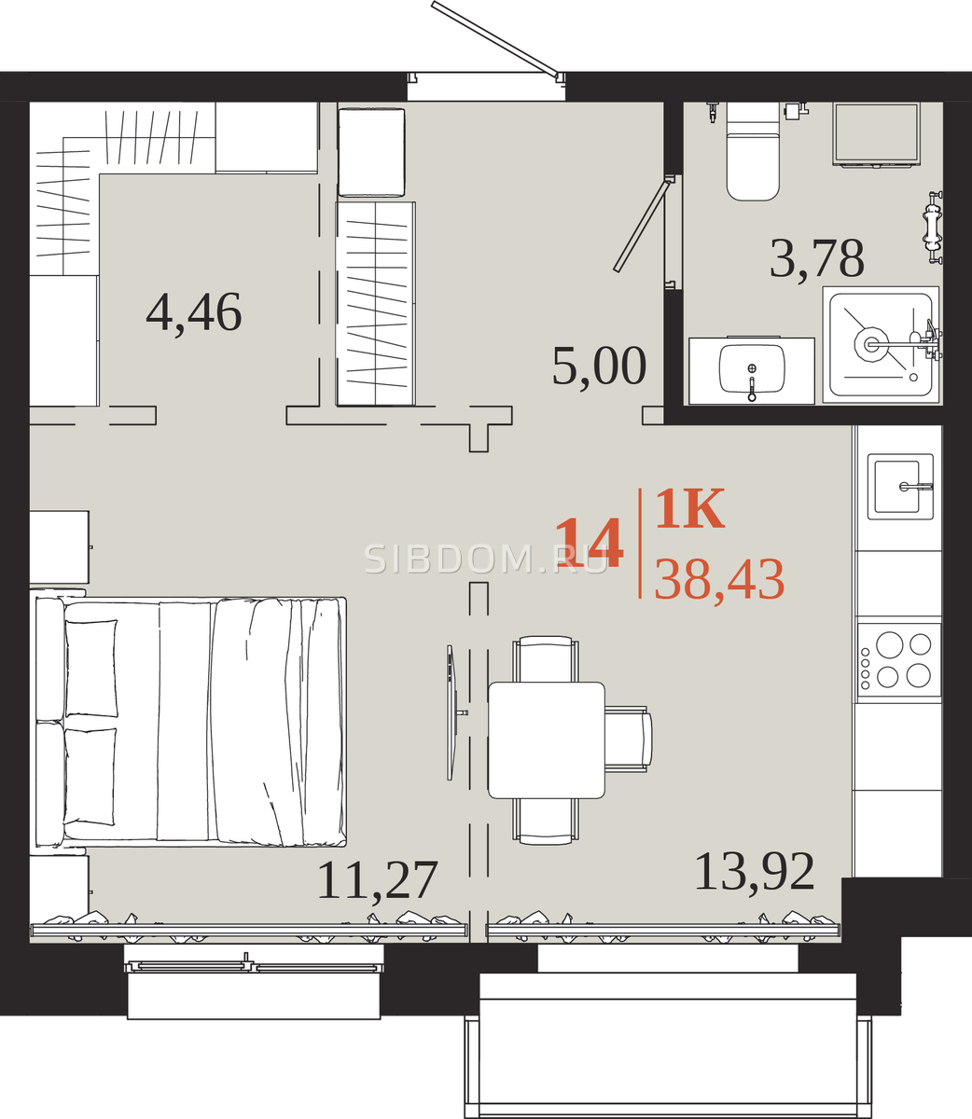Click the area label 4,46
(x=194, y=312)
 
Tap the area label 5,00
(x=600, y=366)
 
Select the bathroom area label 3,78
(x=817, y=259)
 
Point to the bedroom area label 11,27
(x=378, y=881)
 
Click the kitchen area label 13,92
(x=755, y=873)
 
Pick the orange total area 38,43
(x=720, y=580)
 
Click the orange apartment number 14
(x=590, y=543)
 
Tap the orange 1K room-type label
(x=690, y=508)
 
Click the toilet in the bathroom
(x=753, y=151)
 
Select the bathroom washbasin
(x=752, y=370)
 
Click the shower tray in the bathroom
(x=882, y=345)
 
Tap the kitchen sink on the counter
(x=900, y=486)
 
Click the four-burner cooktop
(x=898, y=660)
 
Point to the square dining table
(x=547, y=740)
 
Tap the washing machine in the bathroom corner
(x=876, y=133)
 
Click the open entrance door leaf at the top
(x=496, y=40)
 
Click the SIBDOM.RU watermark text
(x=486, y=559)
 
